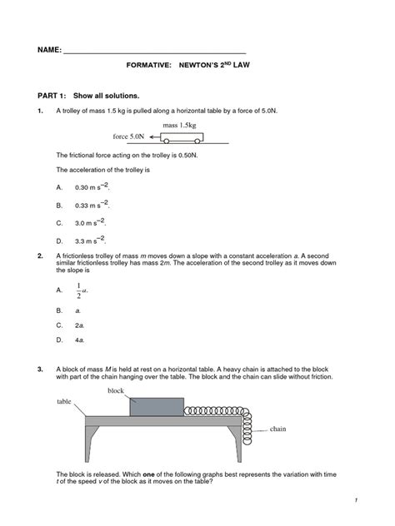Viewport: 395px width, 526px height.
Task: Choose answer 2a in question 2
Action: (80, 325)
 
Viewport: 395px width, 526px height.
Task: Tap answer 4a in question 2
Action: (80, 340)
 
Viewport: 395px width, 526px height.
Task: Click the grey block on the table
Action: (156, 406)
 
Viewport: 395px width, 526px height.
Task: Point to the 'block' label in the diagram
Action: (115, 390)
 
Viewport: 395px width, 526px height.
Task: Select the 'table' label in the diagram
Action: (65, 400)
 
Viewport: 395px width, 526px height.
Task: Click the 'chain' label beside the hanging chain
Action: (277, 429)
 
